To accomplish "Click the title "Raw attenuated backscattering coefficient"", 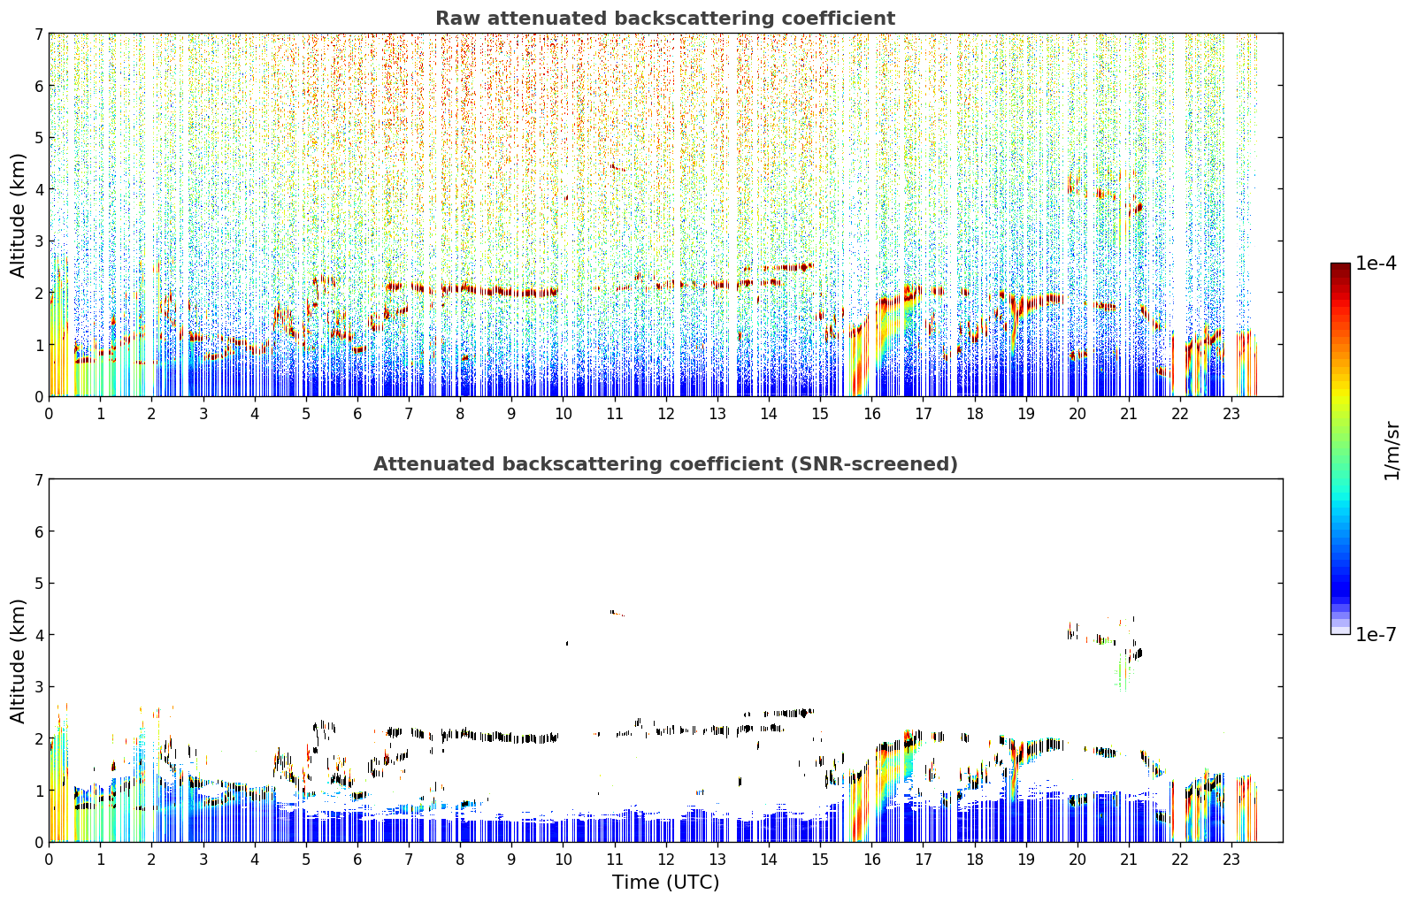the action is tap(665, 19).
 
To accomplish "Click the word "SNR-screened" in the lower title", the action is tap(872, 464).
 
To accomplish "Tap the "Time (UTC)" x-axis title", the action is tap(665, 883).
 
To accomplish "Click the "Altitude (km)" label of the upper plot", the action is tap(18, 216).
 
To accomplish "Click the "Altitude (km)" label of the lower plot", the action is tap(18, 661).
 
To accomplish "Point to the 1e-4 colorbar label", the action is tap(1376, 264).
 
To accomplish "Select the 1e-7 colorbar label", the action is tap(1376, 634).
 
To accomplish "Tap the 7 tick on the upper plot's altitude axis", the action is tap(38, 34).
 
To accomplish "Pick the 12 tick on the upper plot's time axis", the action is tap(666, 414).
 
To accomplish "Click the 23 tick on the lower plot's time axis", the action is tap(1231, 860).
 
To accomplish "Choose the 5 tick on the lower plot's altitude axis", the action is tap(38, 584).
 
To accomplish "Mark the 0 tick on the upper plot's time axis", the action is tap(50, 414).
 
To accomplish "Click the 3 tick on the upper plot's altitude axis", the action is tap(38, 241).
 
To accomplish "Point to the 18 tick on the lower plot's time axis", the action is tap(975, 860).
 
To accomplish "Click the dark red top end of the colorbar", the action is tap(1340, 266).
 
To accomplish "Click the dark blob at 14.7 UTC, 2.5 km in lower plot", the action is tap(804, 713).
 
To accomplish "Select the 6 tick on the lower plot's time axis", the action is tap(357, 860).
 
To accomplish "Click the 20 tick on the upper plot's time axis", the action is tap(1077, 414).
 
